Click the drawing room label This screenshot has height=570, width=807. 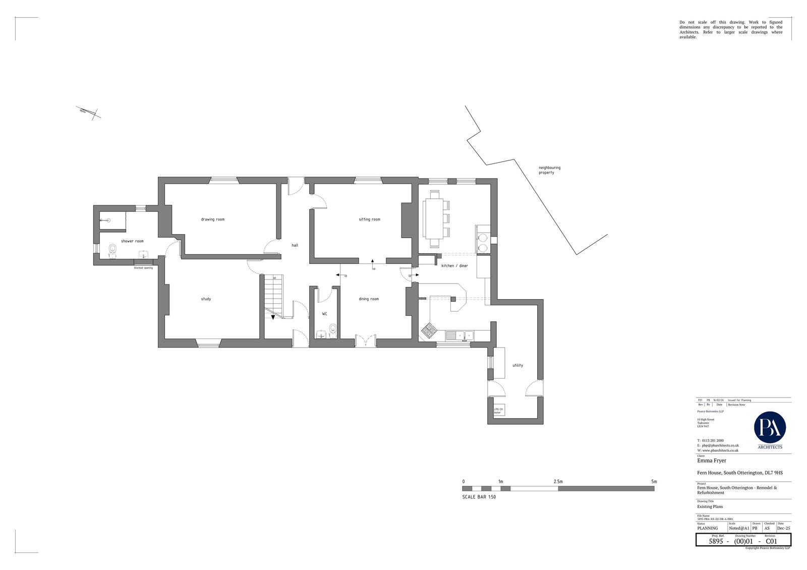coord(212,219)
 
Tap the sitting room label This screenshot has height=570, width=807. coord(369,219)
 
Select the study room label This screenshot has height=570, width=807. coord(206,299)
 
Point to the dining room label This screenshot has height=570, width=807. coord(369,299)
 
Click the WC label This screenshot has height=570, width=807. coord(325,314)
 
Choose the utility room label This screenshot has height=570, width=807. coord(517,365)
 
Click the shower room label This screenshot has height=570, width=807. coord(132,241)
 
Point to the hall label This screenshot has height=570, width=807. coord(295,245)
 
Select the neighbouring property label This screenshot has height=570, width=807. coord(549,170)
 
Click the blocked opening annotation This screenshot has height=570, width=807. coord(143,268)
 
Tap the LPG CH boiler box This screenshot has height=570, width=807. coord(498,410)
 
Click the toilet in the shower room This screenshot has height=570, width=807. coord(112,250)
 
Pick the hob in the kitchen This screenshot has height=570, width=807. coord(429,330)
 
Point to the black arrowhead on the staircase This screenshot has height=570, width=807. coord(272,317)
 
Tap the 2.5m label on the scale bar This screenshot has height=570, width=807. coord(558,482)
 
